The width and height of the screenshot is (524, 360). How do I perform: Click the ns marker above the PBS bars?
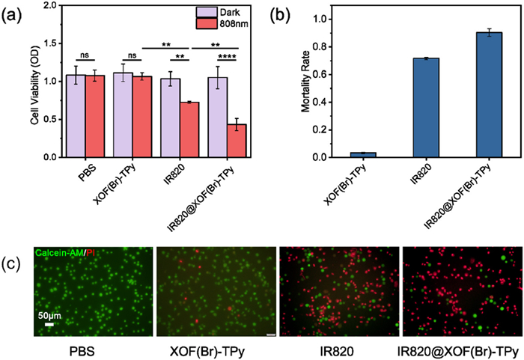(87, 55)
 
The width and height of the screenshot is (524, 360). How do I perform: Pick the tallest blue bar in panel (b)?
(487, 95)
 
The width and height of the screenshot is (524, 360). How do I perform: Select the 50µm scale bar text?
(51, 316)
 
